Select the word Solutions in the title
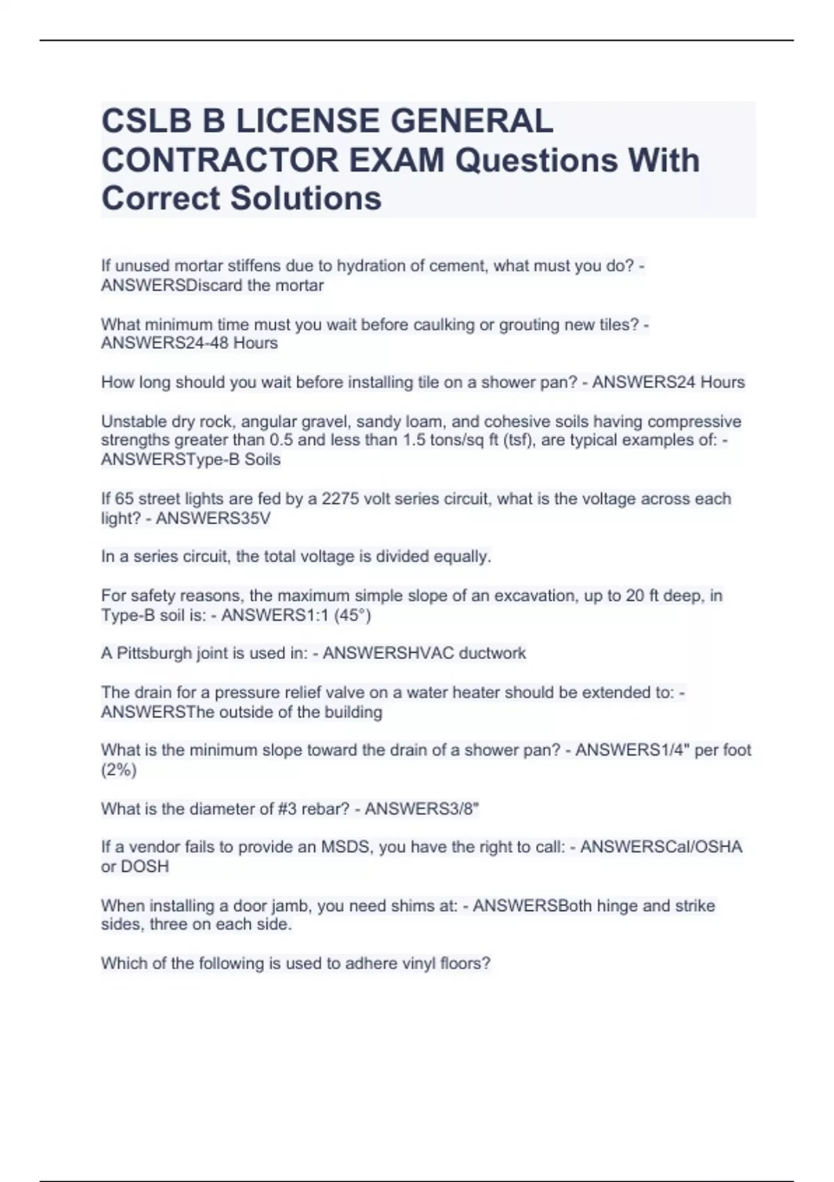coord(306,198)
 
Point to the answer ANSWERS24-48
coord(164,343)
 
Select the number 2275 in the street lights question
coord(338,499)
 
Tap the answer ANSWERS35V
coord(213,519)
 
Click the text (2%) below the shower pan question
coord(119,770)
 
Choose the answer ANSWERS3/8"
coord(422,809)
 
